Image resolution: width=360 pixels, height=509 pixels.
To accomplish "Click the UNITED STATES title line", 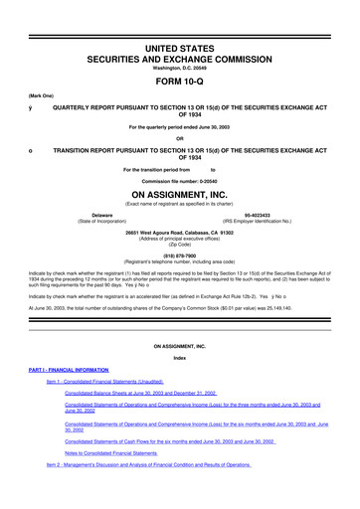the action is [x=180, y=20].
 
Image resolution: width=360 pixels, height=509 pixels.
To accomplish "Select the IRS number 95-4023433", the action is [x=270, y=213].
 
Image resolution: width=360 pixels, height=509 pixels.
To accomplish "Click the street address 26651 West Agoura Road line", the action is [x=180, y=233].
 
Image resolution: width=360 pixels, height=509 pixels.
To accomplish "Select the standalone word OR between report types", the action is [x=180, y=137].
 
